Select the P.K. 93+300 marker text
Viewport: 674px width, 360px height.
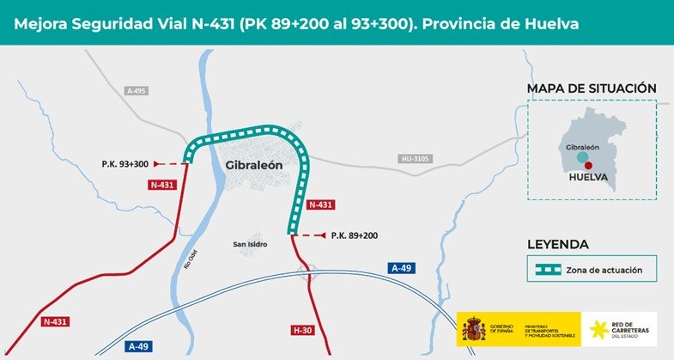pos(124,163)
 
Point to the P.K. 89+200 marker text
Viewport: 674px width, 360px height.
pos(354,235)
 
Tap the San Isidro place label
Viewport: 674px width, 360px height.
pos(250,245)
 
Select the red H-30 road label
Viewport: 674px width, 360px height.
pos(303,330)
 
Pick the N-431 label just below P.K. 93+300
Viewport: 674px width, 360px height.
pos(162,185)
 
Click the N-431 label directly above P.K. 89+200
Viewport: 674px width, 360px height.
pos(320,204)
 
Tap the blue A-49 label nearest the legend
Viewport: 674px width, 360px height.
pos(402,268)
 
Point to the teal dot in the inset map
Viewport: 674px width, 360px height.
pos(583,158)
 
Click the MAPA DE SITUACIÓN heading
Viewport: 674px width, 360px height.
pos(592,88)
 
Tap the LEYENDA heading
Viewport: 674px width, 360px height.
pos(557,244)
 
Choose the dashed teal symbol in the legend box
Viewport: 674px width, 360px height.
pos(545,270)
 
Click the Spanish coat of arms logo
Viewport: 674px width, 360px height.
pos(473,329)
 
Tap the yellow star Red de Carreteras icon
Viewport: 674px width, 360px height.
pos(596,329)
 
